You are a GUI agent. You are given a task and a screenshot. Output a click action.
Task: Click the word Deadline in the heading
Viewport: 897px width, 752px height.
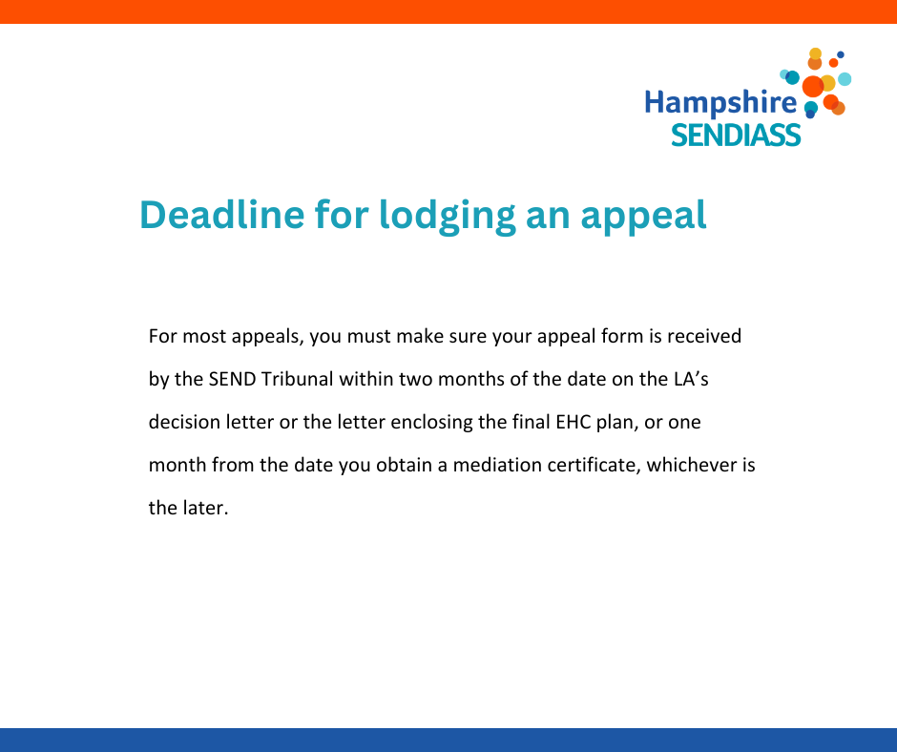[x=222, y=215]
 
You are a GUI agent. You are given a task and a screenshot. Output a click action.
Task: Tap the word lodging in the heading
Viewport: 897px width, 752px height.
[x=448, y=217]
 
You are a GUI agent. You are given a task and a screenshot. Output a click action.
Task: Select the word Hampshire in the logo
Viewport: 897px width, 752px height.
[x=720, y=103]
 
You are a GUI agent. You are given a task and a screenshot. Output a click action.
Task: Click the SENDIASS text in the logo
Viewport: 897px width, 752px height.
[x=736, y=136]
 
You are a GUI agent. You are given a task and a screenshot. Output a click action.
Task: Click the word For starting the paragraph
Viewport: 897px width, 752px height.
[x=163, y=336]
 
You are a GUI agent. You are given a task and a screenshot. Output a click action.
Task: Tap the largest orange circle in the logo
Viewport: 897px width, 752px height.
[x=813, y=87]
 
